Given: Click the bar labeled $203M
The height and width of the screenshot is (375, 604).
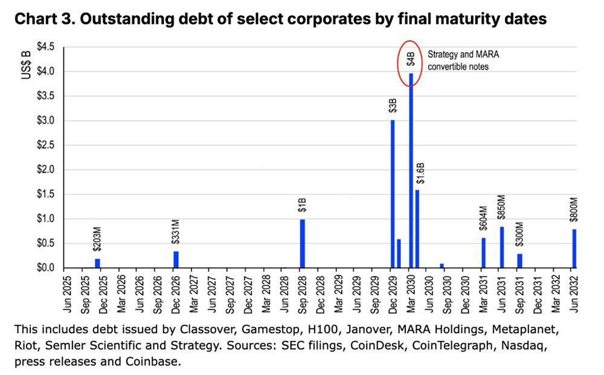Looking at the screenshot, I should coord(97,263).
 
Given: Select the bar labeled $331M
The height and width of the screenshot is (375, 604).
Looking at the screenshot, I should coord(176,259).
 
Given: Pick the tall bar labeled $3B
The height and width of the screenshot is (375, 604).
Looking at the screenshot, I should coord(393,194).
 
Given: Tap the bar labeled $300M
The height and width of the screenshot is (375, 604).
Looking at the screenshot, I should coord(519,261).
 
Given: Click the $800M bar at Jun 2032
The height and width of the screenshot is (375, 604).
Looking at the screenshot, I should coord(574,248).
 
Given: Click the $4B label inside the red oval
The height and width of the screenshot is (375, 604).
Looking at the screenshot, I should coord(411,59).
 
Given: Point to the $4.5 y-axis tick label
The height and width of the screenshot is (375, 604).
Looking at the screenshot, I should coord(45,47).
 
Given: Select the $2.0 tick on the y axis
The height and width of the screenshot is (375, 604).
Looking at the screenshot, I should coord(45,170).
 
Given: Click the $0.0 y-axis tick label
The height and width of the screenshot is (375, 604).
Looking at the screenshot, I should coord(45,268).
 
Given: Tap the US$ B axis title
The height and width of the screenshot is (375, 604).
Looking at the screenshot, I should coord(26,66).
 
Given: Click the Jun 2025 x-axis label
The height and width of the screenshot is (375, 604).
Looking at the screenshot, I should coord(68,295).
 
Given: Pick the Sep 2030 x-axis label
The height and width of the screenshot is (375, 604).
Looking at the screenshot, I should coord(448,295).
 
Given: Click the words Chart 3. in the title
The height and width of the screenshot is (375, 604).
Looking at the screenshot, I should coord(43,19).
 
